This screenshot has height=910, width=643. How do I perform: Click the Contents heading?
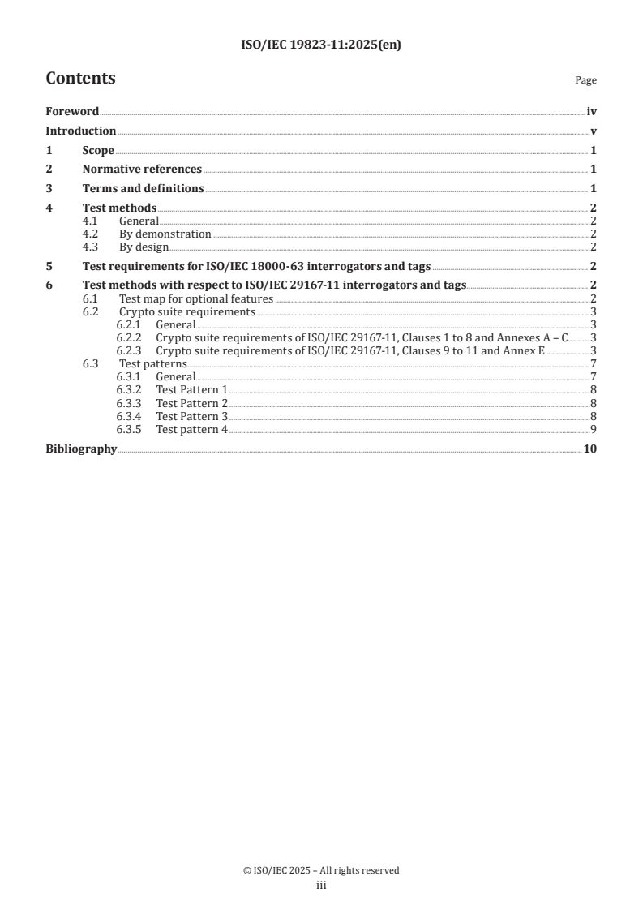click(80, 79)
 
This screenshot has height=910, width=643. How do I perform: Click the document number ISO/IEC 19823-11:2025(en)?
click(321, 45)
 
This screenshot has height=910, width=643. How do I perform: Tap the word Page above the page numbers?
click(585, 80)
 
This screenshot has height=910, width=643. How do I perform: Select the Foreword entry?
click(72, 112)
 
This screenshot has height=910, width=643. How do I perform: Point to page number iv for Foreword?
click(592, 112)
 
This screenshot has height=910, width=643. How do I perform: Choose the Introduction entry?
click(80, 131)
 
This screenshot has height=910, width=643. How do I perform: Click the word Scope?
click(98, 150)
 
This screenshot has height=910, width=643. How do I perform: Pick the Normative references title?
click(142, 170)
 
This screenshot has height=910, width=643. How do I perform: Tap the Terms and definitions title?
click(143, 188)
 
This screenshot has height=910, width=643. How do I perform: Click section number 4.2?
click(92, 234)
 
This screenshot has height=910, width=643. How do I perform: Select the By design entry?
click(144, 247)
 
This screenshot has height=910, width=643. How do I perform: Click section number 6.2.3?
click(128, 350)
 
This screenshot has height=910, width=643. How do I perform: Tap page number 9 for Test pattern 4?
click(594, 429)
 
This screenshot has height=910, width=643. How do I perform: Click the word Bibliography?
click(81, 449)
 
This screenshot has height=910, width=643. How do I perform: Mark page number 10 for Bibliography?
click(590, 449)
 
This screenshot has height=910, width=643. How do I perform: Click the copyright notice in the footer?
click(321, 870)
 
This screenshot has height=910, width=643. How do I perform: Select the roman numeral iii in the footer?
click(321, 886)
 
